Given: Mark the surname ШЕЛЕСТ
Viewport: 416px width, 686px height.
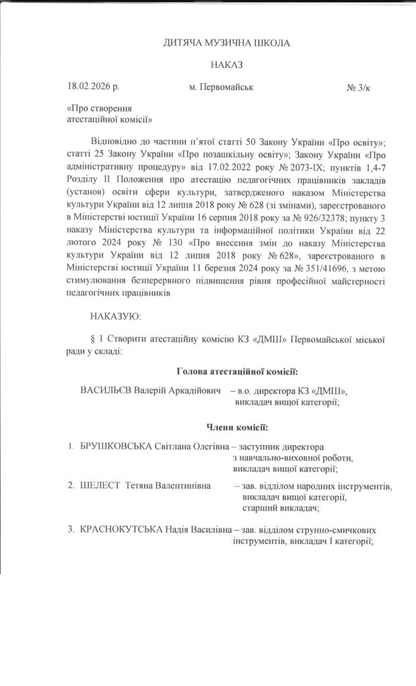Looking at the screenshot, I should coord(100,485).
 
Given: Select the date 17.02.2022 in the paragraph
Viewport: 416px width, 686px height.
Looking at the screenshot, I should coord(201,165).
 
